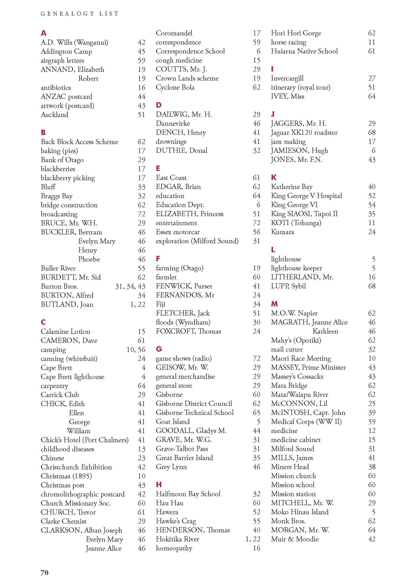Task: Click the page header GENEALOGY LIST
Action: (80, 13)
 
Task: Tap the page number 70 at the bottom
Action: (45, 572)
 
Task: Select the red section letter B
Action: (43, 133)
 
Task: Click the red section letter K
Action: (274, 177)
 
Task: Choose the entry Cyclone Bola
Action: (175, 87)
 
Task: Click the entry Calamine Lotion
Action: (65, 331)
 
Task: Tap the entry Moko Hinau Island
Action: (300, 512)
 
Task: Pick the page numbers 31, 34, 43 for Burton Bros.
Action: (130, 286)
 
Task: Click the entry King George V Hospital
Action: (306, 196)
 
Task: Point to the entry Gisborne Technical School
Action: (195, 412)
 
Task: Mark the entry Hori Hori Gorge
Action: (296, 33)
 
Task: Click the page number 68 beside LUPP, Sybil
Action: (372, 286)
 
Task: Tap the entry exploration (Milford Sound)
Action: (197, 241)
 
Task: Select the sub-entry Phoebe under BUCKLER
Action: (89, 259)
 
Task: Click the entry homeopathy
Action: (174, 548)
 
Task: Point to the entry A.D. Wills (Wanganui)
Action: (75, 43)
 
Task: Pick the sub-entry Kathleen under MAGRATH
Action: (325, 331)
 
